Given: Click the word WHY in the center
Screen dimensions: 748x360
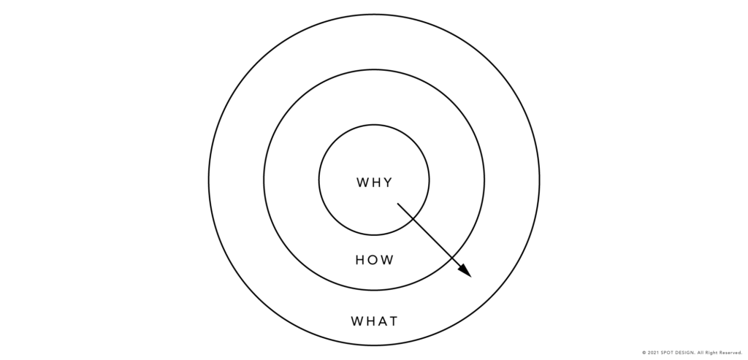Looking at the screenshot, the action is click(x=375, y=183).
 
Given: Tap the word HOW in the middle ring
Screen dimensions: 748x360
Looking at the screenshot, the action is click(x=375, y=260).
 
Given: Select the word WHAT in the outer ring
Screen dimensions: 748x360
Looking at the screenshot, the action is click(x=375, y=321).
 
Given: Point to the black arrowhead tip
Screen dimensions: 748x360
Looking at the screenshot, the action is click(x=471, y=277).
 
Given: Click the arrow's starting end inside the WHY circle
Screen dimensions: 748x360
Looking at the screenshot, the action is click(x=398, y=204).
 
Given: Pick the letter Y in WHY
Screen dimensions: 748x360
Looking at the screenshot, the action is click(x=388, y=183).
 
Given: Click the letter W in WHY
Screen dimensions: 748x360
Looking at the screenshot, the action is click(x=362, y=183).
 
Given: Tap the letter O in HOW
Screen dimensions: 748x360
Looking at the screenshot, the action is click(x=374, y=260).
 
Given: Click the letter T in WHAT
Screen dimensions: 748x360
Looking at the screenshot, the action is click(x=393, y=321).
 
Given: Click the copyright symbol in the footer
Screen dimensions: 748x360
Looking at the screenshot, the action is click(x=644, y=353).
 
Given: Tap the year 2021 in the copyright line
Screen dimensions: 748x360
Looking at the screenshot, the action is click(x=654, y=353).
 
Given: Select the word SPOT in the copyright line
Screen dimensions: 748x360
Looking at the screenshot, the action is click(x=668, y=353).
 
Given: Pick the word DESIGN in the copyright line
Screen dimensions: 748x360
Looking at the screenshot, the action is click(x=685, y=353).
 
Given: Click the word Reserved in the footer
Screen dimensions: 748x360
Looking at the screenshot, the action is click(x=730, y=353).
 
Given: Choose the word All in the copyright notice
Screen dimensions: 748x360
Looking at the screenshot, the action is click(x=701, y=353).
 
